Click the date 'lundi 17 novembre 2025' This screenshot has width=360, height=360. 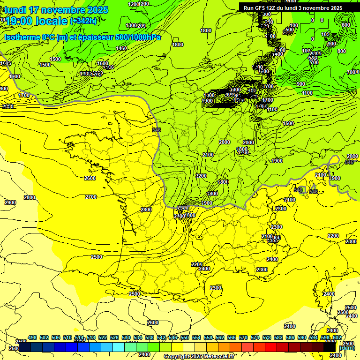(56, 10)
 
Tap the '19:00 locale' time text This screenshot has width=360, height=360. (36, 21)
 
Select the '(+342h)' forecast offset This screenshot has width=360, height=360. (83, 21)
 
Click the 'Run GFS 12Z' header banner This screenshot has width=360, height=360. (292, 8)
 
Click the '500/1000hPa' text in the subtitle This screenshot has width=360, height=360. (138, 37)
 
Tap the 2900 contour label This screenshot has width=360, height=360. (10, 202)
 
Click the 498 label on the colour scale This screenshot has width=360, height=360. (32, 337)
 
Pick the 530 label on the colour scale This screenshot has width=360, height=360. (126, 337)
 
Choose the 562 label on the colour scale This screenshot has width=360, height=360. (220, 337)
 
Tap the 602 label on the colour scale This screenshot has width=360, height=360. (337, 337)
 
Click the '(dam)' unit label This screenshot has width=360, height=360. (347, 348)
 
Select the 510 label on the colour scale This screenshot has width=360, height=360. (67, 337)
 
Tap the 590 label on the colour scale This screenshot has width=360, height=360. (302, 337)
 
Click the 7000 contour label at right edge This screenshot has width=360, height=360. (353, 72)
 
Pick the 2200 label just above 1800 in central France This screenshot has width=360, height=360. (201, 176)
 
